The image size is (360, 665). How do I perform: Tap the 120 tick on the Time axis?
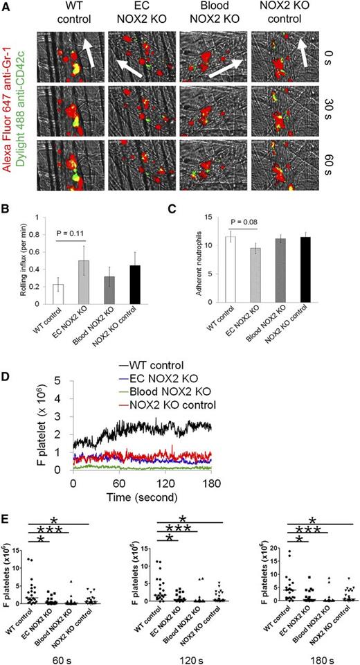(x=165, y=483)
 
